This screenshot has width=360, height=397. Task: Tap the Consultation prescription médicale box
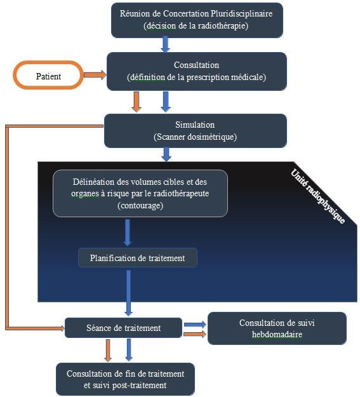tap(196, 71)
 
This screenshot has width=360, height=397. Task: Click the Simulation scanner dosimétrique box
tap(195, 130)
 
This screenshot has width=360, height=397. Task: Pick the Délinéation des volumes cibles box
tap(140, 193)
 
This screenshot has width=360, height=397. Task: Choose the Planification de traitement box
tap(138, 257)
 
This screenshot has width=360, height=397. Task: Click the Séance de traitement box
tap(124, 328)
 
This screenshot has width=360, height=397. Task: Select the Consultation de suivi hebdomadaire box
tap(277, 328)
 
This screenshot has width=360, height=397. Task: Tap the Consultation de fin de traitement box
tap(126, 379)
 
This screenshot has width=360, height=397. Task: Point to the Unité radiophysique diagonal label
tap(317, 196)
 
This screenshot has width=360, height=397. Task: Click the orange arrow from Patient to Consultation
tap(95, 75)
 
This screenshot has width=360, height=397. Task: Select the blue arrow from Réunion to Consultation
tap(165, 44)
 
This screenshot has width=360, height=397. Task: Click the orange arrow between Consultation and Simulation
tap(136, 101)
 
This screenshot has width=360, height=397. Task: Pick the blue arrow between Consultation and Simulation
tap(166, 101)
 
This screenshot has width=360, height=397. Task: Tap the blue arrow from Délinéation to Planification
tap(128, 232)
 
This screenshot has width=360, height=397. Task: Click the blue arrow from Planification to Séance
tap(129, 292)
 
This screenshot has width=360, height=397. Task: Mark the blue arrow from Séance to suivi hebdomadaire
tap(195, 323)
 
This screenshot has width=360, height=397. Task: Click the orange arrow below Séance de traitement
tap(107, 350)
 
